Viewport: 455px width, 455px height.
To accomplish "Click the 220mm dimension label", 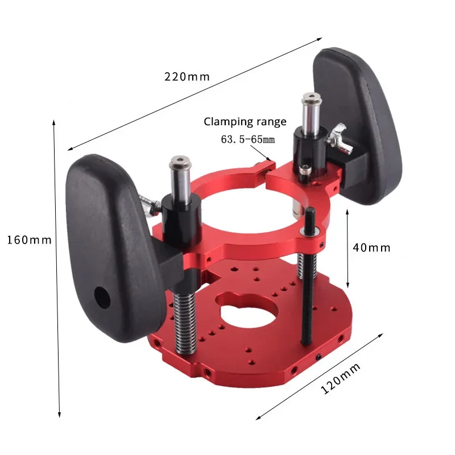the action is click(x=187, y=77).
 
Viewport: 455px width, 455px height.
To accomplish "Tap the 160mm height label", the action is click(x=29, y=240).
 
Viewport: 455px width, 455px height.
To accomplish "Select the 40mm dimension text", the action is click(x=371, y=248).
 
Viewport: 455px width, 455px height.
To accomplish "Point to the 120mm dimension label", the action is click(x=340, y=378).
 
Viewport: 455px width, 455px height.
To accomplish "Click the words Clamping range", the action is click(x=245, y=122).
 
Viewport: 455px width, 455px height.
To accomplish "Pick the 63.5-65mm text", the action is click(x=248, y=139).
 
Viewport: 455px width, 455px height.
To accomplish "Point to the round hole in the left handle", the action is click(x=102, y=298).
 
